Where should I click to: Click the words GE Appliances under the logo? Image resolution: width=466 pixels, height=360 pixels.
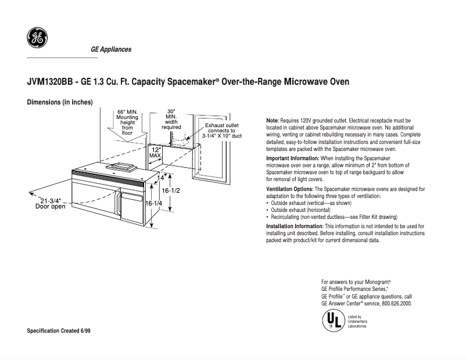[110, 49]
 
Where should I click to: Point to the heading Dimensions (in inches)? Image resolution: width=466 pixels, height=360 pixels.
[60, 102]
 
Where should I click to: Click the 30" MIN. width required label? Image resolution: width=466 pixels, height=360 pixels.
[171, 119]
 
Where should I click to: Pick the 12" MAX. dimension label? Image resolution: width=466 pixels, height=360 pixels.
[155, 153]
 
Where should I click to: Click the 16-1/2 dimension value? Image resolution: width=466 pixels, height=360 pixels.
[171, 190]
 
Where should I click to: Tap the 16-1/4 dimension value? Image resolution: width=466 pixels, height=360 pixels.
[153, 203]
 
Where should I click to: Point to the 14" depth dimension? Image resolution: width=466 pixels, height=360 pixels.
[160, 178]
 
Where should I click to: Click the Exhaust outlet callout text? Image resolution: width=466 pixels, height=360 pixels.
[221, 131]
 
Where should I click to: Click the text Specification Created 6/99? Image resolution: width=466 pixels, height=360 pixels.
[59, 330]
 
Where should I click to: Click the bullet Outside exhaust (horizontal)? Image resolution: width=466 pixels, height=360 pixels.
[301, 210]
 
